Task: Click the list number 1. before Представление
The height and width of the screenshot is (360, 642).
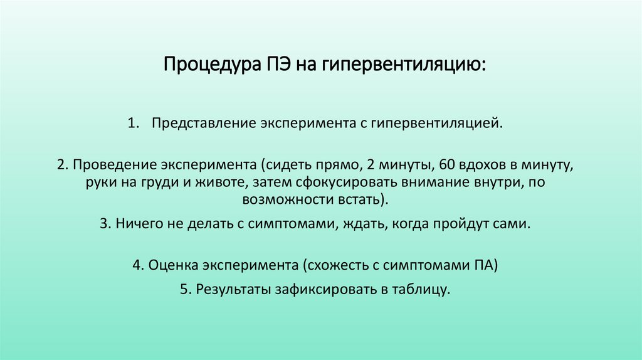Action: pyautogui.click(x=134, y=122)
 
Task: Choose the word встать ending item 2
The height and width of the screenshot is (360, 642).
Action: pyautogui.click(x=365, y=200)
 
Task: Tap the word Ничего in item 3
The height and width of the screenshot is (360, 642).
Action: pyautogui.click(x=135, y=224)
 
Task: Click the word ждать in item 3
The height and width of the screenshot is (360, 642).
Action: pyautogui.click(x=366, y=224)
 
